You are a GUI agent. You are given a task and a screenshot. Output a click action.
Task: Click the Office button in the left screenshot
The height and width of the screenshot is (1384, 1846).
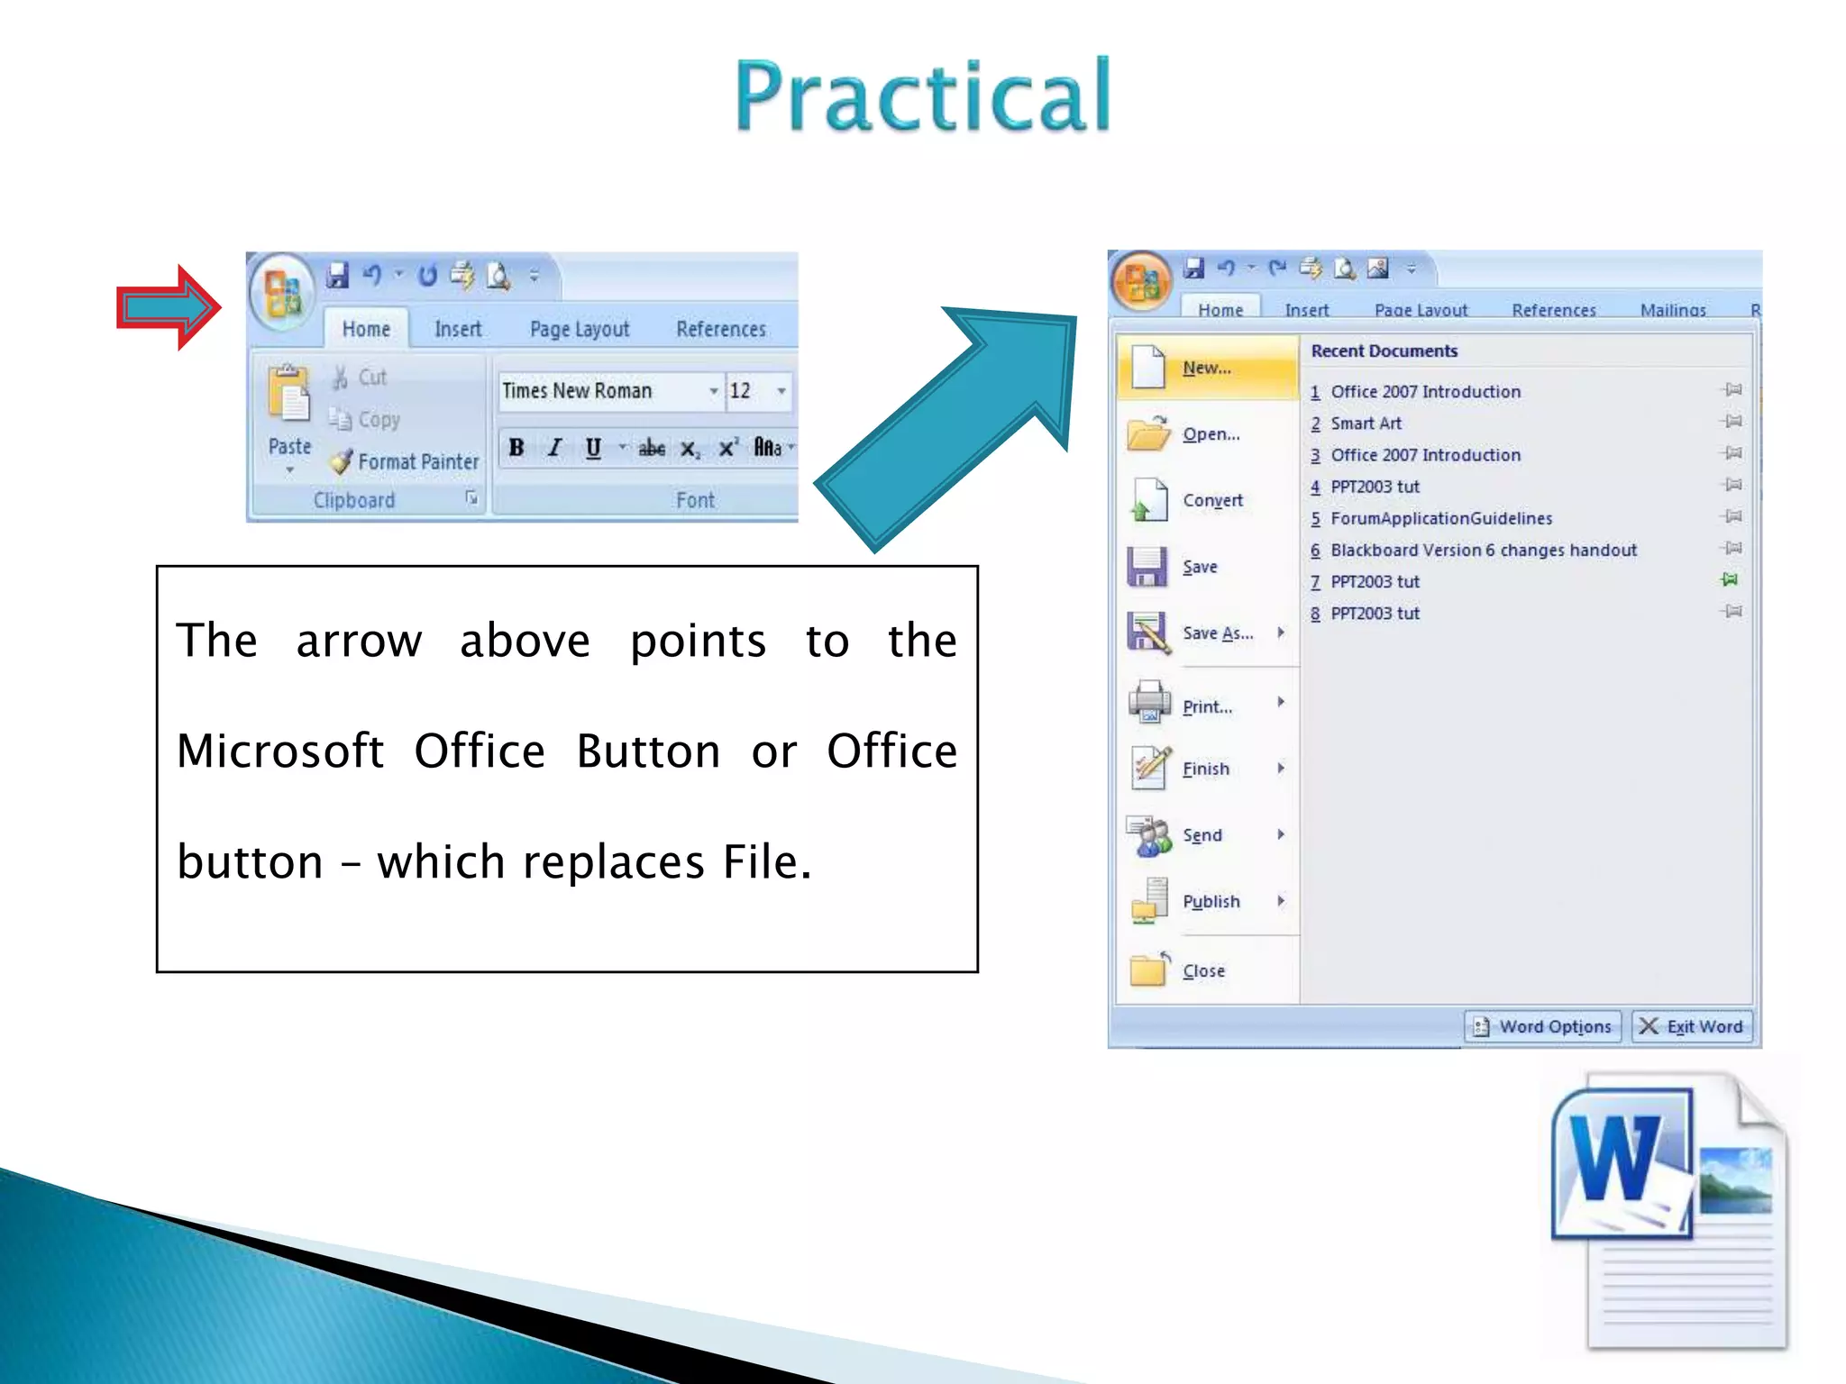click(282, 292)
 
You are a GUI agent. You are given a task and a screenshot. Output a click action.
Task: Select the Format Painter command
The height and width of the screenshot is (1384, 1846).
click(406, 462)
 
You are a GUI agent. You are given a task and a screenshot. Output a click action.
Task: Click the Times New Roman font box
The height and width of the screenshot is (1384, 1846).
click(604, 391)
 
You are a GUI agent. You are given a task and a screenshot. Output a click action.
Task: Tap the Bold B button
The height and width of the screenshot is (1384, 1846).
click(516, 448)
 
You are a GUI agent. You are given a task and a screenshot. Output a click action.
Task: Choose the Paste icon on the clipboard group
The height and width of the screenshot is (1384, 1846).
click(289, 396)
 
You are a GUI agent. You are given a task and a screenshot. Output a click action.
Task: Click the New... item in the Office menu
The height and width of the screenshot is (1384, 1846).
click(1206, 368)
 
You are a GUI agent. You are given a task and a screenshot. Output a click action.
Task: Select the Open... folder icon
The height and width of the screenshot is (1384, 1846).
click(1148, 433)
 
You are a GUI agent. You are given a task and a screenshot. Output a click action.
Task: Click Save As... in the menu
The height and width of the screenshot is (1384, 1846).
click(1217, 633)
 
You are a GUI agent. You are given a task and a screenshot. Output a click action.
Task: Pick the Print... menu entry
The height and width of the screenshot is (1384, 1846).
click(1207, 707)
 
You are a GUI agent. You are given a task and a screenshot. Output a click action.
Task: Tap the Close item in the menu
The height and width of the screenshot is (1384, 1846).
click(1203, 971)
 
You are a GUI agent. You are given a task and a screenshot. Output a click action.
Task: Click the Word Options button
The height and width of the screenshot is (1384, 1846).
click(1542, 1026)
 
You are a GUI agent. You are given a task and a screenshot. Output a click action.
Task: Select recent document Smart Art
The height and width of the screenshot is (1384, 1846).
click(1366, 423)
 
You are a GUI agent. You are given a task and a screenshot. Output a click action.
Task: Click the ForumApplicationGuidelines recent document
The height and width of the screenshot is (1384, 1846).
click(1440, 519)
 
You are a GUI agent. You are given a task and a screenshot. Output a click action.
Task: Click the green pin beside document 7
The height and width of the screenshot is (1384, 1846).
click(1730, 580)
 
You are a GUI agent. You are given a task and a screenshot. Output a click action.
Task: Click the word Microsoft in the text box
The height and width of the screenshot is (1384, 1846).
click(280, 751)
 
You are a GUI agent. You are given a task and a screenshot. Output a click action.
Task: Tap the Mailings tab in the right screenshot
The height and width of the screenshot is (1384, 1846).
click(1672, 311)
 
